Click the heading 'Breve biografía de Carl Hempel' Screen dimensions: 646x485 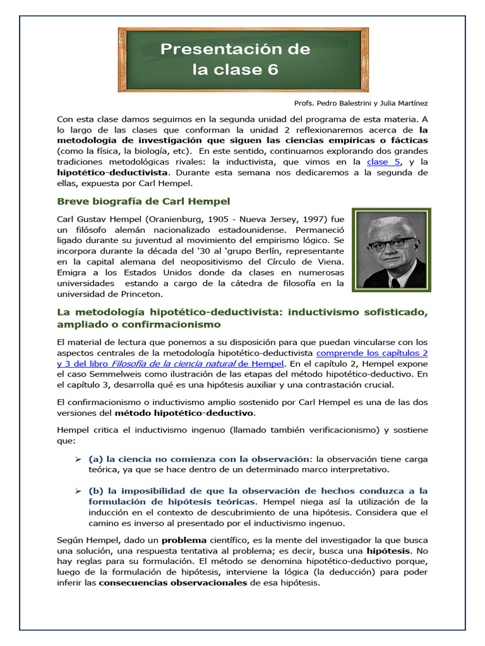tap(143, 201)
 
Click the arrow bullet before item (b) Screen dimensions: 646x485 tap(78, 491)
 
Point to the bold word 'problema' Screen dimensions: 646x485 tap(184, 540)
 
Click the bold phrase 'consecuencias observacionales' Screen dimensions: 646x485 tap(173, 583)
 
